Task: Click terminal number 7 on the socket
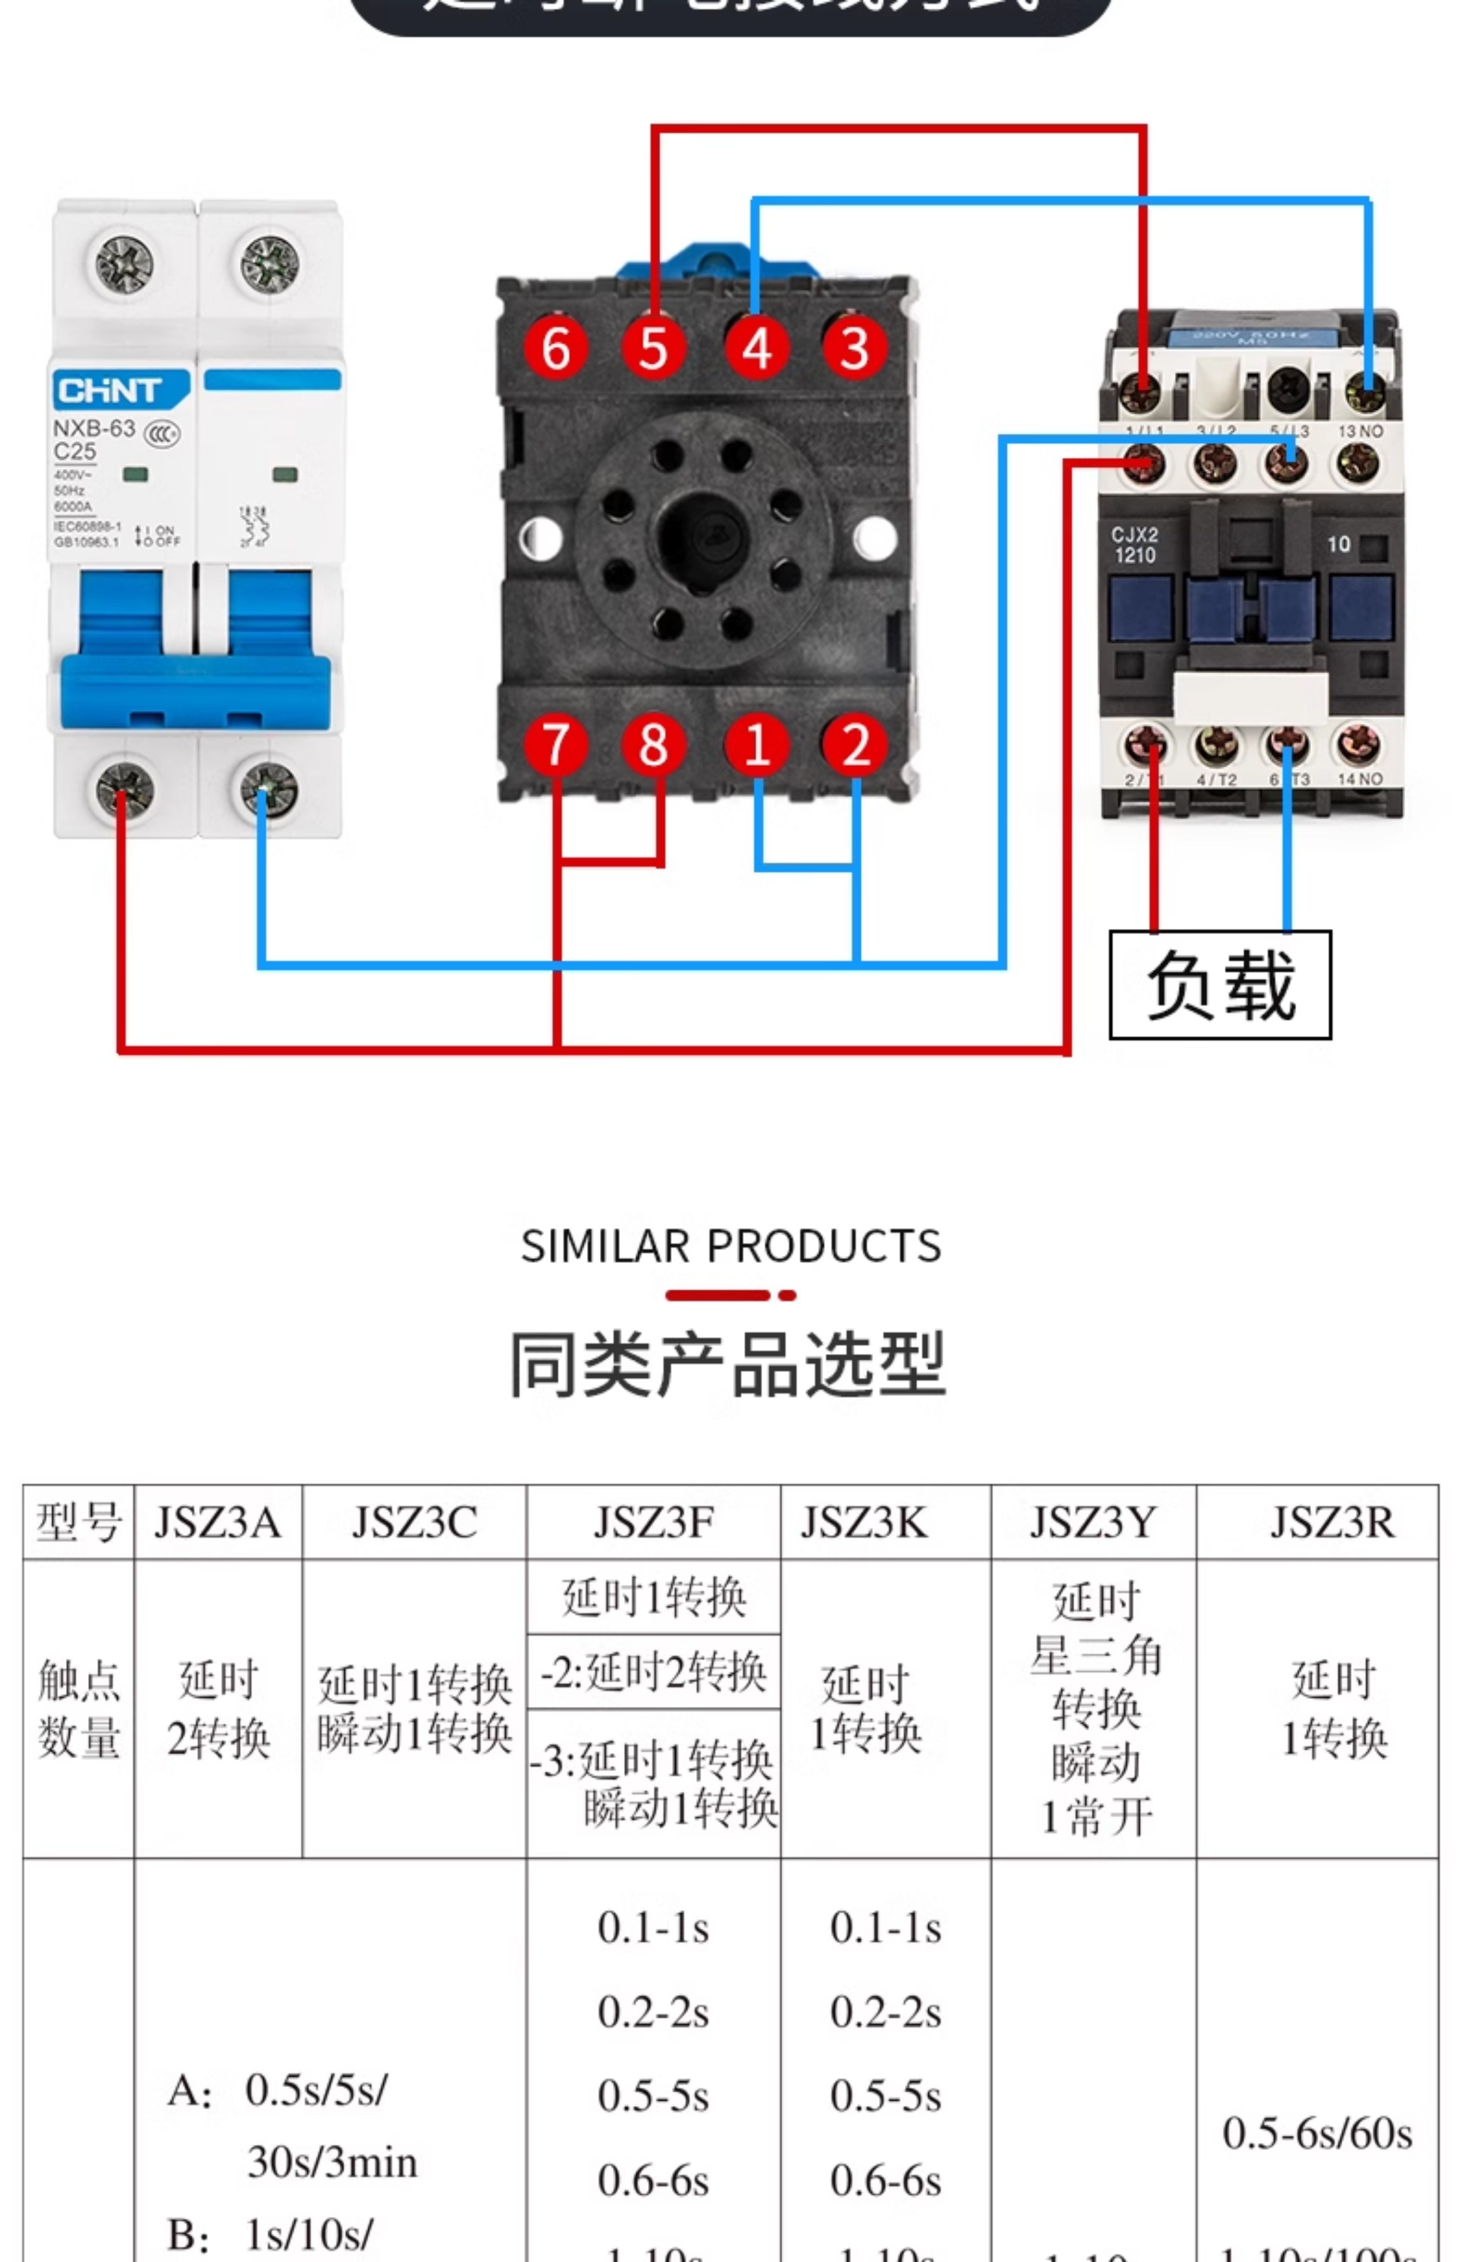click(x=556, y=745)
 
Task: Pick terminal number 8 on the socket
click(x=653, y=745)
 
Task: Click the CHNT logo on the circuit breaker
click(x=109, y=390)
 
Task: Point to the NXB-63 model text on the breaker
click(x=94, y=429)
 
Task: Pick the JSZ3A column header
click(x=217, y=1522)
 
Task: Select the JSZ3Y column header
click(x=1093, y=1522)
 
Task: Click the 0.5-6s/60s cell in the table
click(x=1317, y=2132)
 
